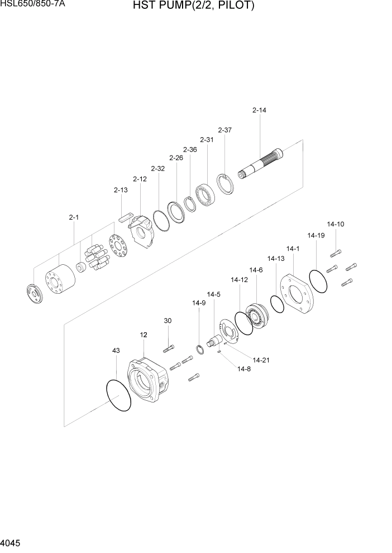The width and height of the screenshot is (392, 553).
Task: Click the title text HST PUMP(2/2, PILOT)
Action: coord(194,6)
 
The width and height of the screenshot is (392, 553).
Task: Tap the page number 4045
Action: coord(12,544)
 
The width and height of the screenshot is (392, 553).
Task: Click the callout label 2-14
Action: coord(259,110)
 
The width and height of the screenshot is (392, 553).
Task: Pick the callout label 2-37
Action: coord(224,130)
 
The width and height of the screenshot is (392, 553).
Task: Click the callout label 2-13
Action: coord(121,190)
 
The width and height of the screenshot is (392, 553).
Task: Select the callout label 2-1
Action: coord(74,217)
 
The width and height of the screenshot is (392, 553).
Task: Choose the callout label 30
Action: coord(168,321)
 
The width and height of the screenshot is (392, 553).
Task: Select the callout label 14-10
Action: coord(336,224)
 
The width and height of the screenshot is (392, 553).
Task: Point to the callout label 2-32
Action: coord(157,168)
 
